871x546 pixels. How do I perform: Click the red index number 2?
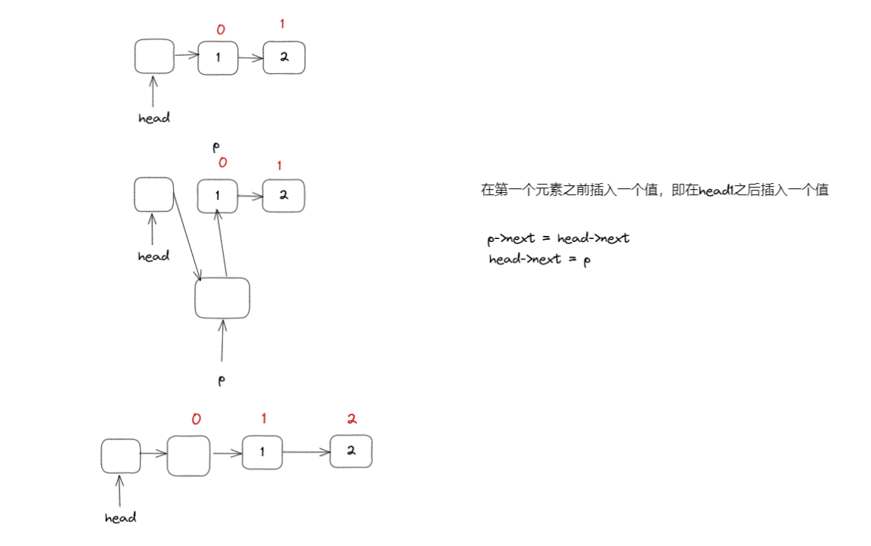click(352, 419)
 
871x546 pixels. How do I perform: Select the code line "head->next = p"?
click(538, 259)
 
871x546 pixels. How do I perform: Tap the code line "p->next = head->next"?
click(559, 238)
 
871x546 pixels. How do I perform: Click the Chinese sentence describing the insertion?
click(654, 191)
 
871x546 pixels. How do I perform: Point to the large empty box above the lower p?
click(222, 298)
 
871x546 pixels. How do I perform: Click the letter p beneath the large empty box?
click(222, 380)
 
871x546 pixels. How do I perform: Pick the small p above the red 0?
click(215, 147)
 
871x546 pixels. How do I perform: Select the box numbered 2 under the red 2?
click(351, 451)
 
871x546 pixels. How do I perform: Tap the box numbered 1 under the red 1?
click(262, 452)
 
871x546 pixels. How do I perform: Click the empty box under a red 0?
click(188, 456)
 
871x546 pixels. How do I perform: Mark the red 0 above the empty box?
click(196, 419)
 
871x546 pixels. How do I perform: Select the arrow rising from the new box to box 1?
click(222, 244)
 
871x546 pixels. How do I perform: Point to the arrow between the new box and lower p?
click(222, 340)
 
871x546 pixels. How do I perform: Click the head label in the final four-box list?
click(120, 518)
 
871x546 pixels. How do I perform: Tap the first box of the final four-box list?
click(121, 456)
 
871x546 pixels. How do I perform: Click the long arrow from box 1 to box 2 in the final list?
click(306, 452)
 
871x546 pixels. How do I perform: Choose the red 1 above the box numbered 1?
click(264, 418)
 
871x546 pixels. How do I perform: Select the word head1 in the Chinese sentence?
click(718, 191)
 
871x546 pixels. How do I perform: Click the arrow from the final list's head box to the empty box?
click(153, 454)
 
